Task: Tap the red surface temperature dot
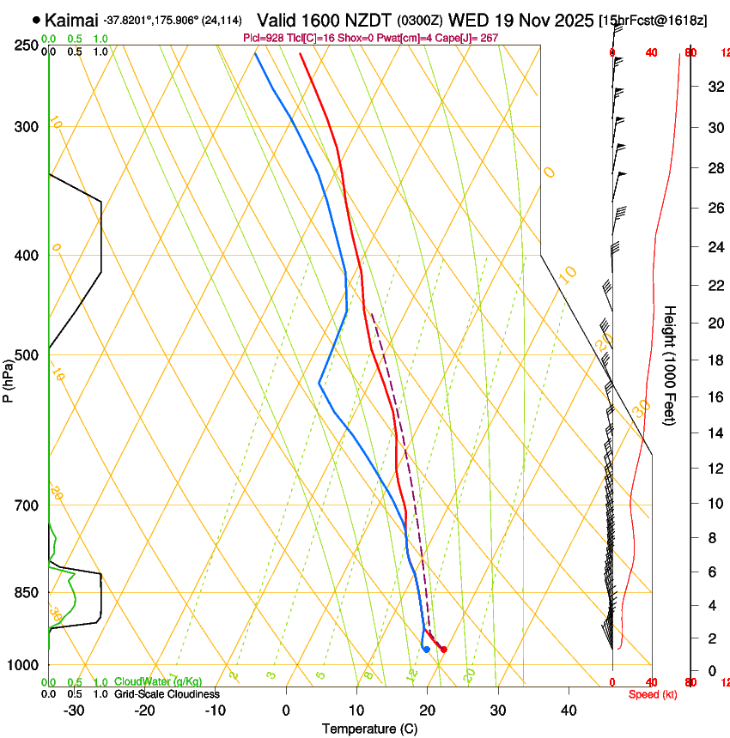443,650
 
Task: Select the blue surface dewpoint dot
426,649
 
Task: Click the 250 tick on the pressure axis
27,45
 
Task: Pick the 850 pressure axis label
27,592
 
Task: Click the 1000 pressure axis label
23,665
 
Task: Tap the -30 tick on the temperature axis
74,710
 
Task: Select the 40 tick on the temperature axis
569,710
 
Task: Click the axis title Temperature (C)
370,729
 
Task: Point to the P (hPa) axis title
9,378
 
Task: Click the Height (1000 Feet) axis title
670,365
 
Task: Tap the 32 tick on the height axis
714,87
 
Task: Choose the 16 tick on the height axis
714,397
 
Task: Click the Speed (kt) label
648,693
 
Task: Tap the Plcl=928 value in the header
264,39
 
